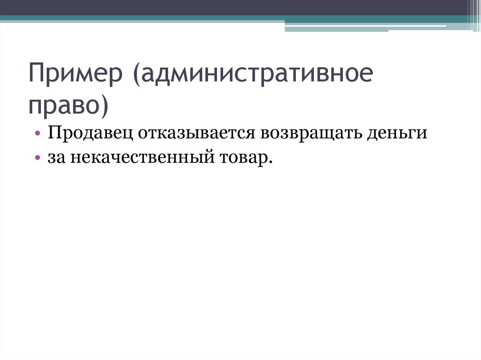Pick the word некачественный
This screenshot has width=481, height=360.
click(142, 158)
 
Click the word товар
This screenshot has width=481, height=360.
click(246, 158)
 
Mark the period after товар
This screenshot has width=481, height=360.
click(270, 162)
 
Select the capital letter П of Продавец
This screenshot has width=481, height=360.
click(53, 133)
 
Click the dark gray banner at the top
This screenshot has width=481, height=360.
click(235, 8)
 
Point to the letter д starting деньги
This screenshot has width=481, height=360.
click(373, 134)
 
